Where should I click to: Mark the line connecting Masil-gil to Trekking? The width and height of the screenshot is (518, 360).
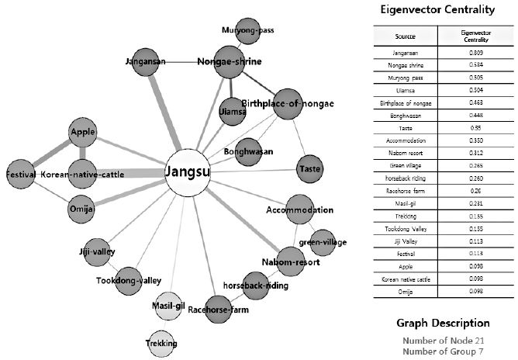(x=164, y=325)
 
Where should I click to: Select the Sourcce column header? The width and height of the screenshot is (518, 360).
(x=406, y=36)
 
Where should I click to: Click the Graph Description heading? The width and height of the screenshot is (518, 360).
(x=443, y=323)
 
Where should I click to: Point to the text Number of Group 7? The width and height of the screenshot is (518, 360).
(x=444, y=351)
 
